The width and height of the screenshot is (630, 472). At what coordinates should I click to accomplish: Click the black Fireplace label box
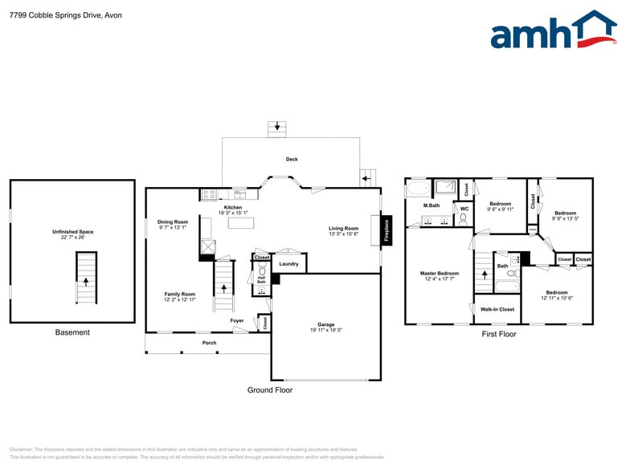click(386, 229)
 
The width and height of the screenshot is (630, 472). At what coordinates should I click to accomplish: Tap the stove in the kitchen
click(209, 193)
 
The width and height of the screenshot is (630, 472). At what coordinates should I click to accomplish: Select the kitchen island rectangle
click(239, 223)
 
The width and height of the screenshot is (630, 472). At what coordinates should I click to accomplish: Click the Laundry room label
click(288, 263)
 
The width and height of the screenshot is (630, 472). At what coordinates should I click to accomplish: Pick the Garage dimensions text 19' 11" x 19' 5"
click(325, 330)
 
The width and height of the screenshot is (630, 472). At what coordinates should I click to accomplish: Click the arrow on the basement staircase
click(85, 282)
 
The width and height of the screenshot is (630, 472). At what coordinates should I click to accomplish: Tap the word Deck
click(292, 159)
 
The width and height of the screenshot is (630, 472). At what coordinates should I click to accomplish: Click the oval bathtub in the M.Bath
click(418, 189)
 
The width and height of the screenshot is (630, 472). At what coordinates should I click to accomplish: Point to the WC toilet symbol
click(464, 218)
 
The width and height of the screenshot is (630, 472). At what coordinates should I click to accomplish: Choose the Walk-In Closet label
click(497, 309)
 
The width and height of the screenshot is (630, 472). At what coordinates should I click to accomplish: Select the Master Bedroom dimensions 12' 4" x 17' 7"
click(440, 279)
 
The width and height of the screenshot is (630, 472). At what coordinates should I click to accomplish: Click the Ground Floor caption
click(269, 390)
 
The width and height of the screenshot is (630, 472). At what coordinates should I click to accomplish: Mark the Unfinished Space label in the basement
click(72, 232)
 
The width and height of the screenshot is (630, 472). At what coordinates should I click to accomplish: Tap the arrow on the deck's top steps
click(277, 127)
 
